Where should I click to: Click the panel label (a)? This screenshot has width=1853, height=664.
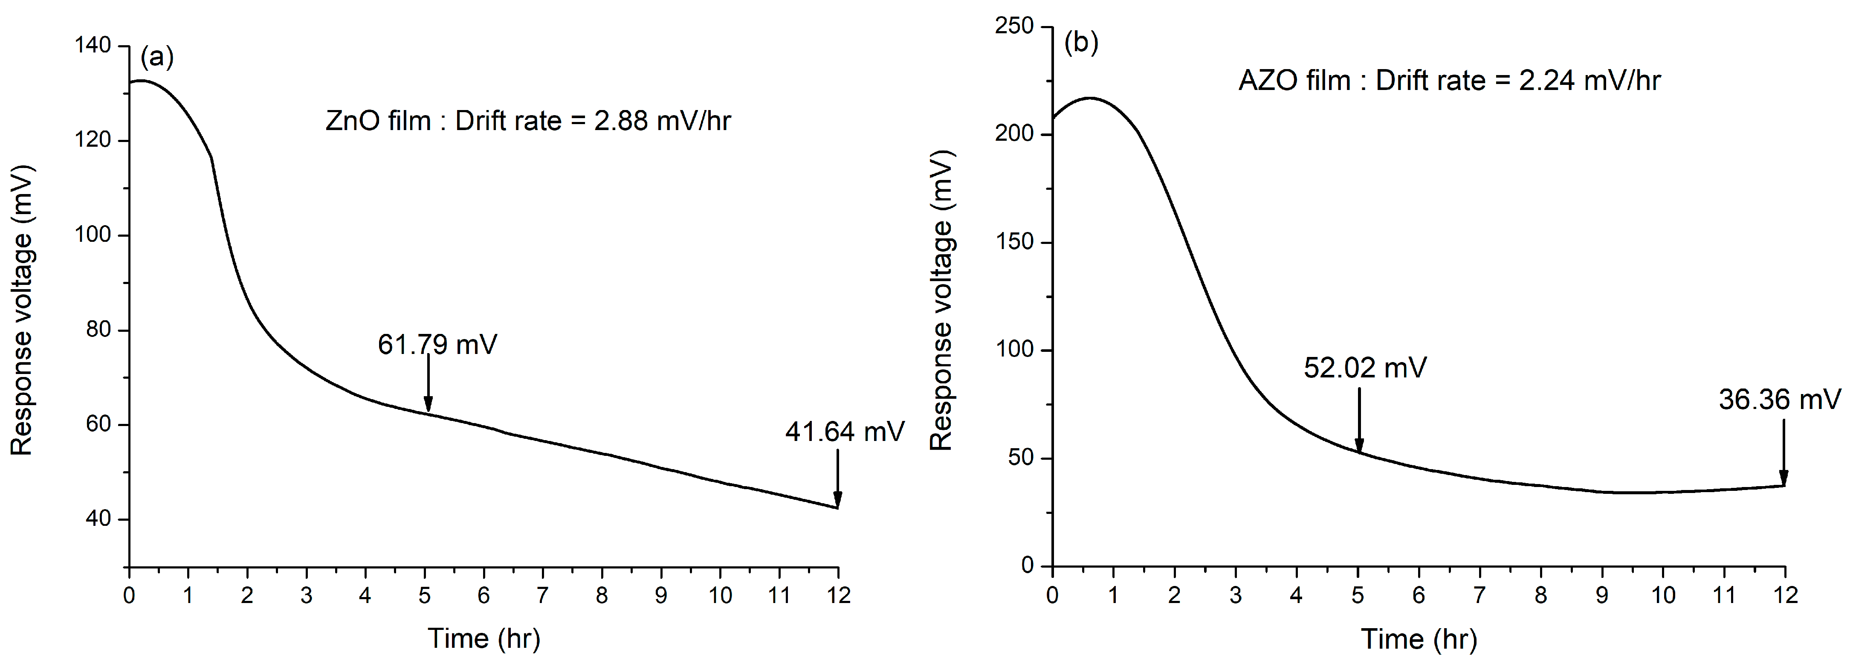point(157,57)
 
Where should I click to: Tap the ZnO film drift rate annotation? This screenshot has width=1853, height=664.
point(528,121)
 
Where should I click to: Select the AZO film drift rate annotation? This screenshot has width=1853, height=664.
point(1449,81)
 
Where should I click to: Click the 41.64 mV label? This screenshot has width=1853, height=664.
point(845,432)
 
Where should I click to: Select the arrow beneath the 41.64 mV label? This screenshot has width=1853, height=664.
point(837,478)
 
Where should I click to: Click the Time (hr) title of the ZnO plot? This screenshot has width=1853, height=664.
point(484,638)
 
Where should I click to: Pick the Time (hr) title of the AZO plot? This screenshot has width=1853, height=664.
point(1419,639)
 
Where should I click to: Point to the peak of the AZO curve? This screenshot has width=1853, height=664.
point(1091,98)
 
